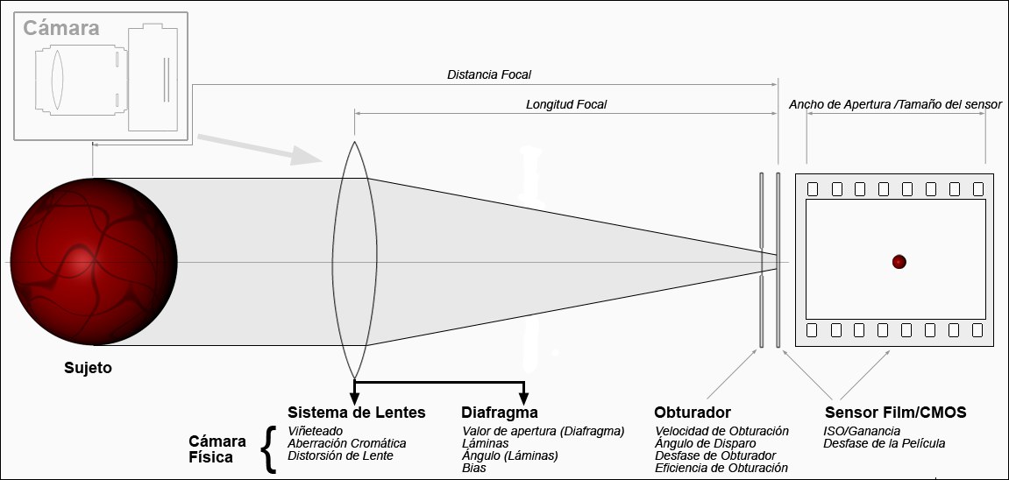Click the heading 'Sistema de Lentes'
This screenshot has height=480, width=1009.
click(356, 412)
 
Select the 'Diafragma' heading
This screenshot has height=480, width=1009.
click(500, 412)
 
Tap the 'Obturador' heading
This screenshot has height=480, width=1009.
click(693, 412)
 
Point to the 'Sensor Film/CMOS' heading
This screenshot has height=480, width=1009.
click(896, 412)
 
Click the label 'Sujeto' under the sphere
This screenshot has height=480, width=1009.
click(88, 368)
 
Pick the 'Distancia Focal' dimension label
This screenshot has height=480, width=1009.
click(489, 75)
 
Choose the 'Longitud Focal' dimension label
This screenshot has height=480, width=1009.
click(566, 104)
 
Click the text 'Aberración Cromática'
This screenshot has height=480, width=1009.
click(347, 443)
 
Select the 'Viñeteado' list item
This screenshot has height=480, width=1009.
click(316, 431)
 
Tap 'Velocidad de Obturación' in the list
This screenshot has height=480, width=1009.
click(721, 431)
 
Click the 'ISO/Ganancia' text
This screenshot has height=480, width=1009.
click(862, 431)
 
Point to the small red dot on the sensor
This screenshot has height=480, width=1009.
click(899, 261)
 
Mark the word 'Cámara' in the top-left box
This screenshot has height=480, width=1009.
click(60, 28)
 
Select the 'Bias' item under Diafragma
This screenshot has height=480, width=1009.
click(473, 468)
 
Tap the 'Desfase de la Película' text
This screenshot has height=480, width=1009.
click(885, 443)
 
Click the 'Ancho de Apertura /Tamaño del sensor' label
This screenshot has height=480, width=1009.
click(895, 104)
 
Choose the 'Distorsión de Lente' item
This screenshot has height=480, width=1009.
click(341, 455)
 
